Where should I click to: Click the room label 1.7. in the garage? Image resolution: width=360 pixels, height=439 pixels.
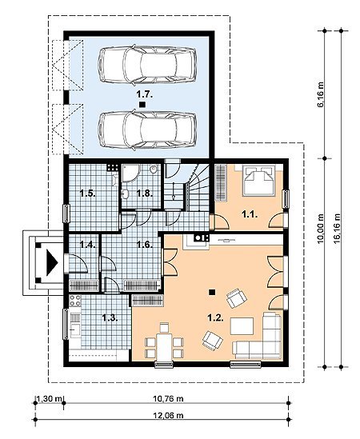coord(145,94)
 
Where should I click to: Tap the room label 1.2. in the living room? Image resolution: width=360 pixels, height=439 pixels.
coord(215,317)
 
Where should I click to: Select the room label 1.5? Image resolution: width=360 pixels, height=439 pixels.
coord(88,194)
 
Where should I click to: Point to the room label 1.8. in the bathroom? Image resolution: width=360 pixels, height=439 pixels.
coord(145,194)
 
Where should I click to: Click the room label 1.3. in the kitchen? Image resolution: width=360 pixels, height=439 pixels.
coord(110,317)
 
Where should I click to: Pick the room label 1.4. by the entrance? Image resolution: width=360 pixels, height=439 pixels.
coord(88,245)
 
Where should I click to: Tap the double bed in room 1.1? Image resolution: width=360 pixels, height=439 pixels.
coord(258,181)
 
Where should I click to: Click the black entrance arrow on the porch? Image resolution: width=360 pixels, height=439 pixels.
coord(52,263)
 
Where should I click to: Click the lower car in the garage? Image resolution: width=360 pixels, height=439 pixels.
coord(147,130)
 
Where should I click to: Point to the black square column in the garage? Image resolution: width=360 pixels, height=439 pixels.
coord(142,105)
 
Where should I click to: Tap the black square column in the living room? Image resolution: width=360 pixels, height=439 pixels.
coord(212,292)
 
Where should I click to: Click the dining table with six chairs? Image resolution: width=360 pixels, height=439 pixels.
coord(164,345)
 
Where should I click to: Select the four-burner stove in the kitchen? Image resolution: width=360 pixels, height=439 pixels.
coord(75,301)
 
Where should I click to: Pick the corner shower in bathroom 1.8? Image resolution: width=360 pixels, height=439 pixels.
coord(130,174)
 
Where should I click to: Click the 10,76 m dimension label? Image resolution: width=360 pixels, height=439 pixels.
coord(168,398)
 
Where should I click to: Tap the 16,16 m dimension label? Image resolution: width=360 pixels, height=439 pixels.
coord(338,228)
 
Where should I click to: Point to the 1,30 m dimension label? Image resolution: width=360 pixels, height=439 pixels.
coord(49,398)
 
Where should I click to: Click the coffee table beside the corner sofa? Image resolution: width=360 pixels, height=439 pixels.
coord(242,326)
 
